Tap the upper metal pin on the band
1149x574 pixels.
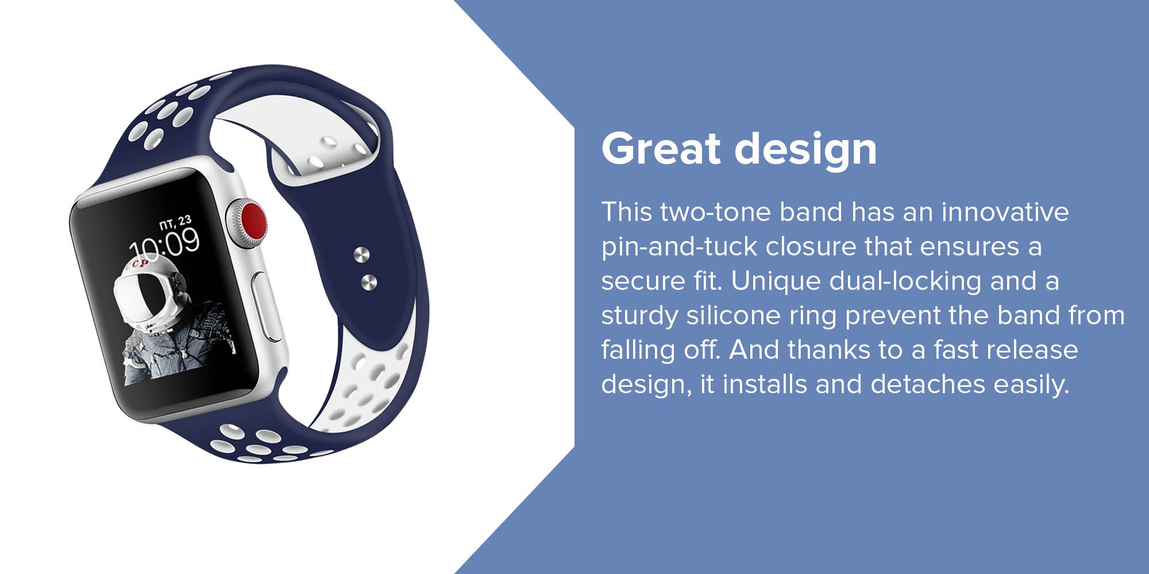pyautogui.click(x=361, y=255)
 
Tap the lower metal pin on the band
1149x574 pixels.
pyautogui.click(x=369, y=282)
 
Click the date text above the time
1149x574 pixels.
pyautogui.click(x=175, y=223)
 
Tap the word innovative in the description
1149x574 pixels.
pyautogui.click(x=1005, y=212)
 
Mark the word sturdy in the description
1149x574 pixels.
pyautogui.click(x=640, y=316)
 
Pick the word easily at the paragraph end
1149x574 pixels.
pyautogui.click(x=1031, y=385)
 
